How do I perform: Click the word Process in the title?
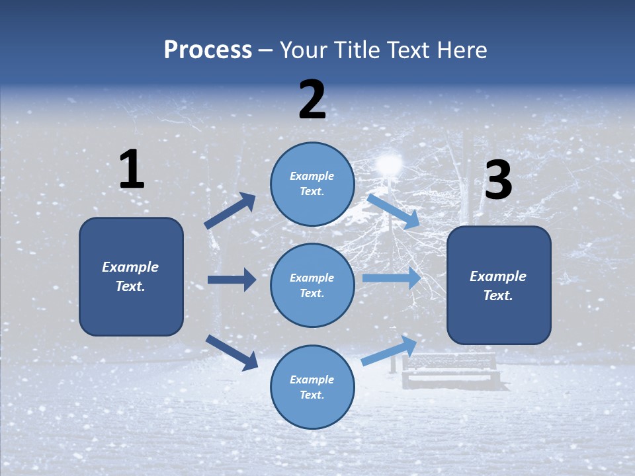coord(208,50)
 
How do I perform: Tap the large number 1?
coord(132,170)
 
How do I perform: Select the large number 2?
coord(312,100)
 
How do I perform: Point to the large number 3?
coord(498,180)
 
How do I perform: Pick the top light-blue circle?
coord(312,184)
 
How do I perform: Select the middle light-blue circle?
coord(312,285)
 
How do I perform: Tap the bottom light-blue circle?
coord(312,387)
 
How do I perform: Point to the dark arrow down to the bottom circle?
coord(232,352)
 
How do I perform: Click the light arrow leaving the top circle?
coord(394,212)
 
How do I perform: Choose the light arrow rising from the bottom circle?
coord(390,350)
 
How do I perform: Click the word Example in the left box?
coord(130,267)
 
